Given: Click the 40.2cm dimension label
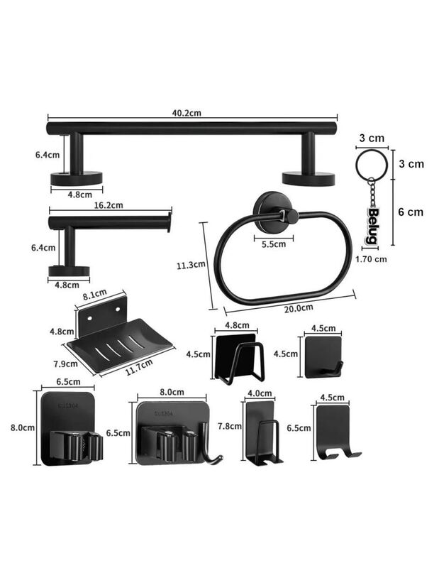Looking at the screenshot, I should [186, 111].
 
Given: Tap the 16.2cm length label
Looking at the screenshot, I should [108, 205].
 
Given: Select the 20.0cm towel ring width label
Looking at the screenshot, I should [298, 307].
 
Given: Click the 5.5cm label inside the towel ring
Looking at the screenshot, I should [273, 244].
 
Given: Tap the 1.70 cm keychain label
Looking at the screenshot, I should [370, 259].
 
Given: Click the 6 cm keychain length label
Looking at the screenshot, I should [410, 212].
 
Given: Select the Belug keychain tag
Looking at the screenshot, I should [372, 224].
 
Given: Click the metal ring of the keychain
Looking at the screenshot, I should [372, 165].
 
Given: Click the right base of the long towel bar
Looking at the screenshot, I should [308, 177].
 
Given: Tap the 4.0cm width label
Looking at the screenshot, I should [259, 393].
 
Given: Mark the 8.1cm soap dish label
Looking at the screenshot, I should [94, 293].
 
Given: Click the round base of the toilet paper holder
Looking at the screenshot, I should [69, 270].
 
